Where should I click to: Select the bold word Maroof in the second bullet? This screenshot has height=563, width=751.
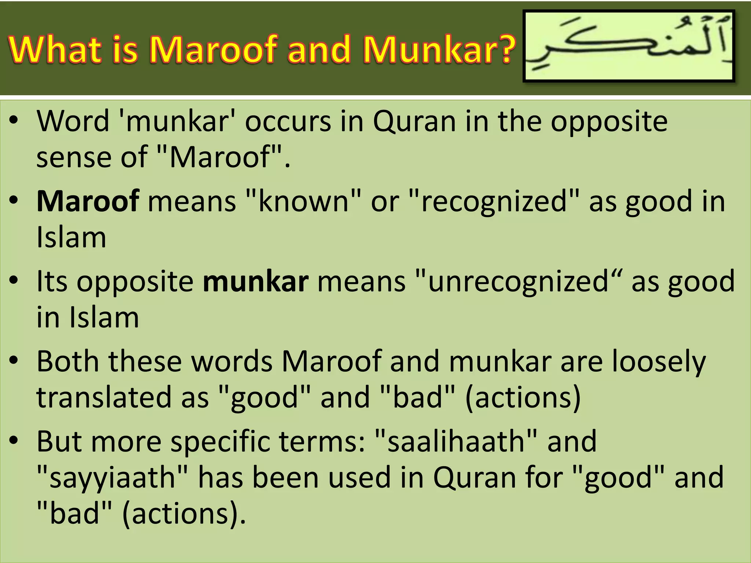click(88, 201)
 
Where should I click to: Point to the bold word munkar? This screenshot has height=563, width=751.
click(256, 281)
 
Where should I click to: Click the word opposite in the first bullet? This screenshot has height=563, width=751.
click(609, 122)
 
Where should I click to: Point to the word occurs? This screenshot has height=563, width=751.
click(288, 122)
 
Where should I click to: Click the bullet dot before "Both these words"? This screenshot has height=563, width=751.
click(14, 361)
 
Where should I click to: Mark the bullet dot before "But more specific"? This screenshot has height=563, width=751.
click(14, 441)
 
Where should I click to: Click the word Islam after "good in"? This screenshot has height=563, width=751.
click(72, 238)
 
